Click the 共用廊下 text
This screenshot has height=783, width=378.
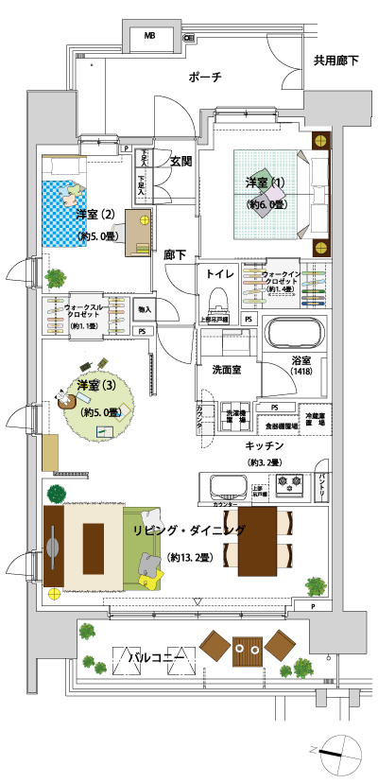coord(336,61)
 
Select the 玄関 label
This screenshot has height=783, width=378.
coord(181,161)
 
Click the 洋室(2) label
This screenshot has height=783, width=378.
coord(95,214)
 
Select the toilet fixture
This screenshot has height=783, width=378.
coord(217,303)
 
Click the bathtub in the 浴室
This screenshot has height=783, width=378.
coord(293,336)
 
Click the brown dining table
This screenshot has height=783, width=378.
coord(257,541)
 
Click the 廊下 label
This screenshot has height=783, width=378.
coord(175,254)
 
